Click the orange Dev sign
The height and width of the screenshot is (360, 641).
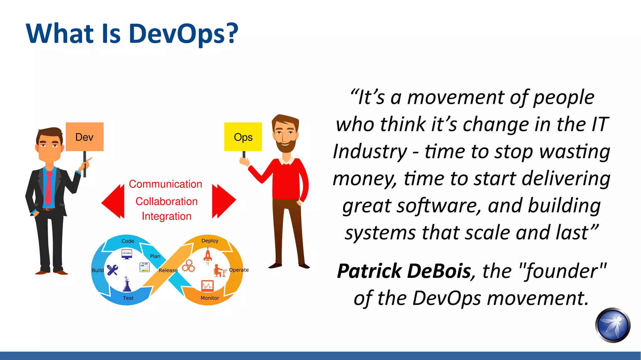coord(85,137)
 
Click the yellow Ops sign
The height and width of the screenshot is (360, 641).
coord(243,137)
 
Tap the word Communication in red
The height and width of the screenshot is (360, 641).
coord(165,184)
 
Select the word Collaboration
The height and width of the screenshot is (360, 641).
coord(167,201)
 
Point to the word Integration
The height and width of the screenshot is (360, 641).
coord(167,216)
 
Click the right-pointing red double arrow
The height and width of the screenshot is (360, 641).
coord(223,201)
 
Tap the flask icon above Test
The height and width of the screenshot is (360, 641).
coord(127,285)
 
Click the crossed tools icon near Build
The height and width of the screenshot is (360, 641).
coord(112,270)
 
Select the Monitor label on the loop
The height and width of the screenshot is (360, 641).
coord(210,298)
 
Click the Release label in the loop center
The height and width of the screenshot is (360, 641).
coord(168,270)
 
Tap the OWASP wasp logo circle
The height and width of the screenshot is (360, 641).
coord(613,325)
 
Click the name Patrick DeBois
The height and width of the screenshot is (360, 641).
coord(404,271)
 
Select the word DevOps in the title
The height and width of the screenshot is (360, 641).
coord(183,33)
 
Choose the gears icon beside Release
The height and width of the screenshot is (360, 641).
coord(188,266)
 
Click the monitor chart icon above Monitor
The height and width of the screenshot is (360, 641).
coord(207,286)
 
